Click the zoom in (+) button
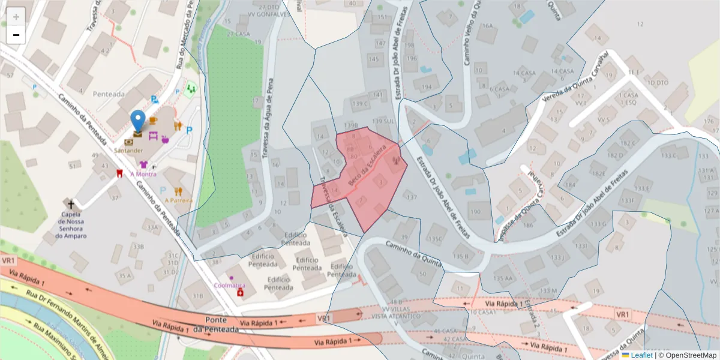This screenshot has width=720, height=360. point(16,17)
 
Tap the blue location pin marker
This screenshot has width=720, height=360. point(138,120)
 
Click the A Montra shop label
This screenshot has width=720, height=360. point(143,174)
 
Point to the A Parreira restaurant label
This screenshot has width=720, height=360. point(178,200)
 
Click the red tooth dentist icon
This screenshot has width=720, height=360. point(119,173)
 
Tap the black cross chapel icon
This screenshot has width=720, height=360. point(71,204)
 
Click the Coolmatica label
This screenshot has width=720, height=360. point(230,286)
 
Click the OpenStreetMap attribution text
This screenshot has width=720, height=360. point(688,355)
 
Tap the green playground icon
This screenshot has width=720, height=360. point(191,89)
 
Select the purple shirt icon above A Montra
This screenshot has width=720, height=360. point(143,164)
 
